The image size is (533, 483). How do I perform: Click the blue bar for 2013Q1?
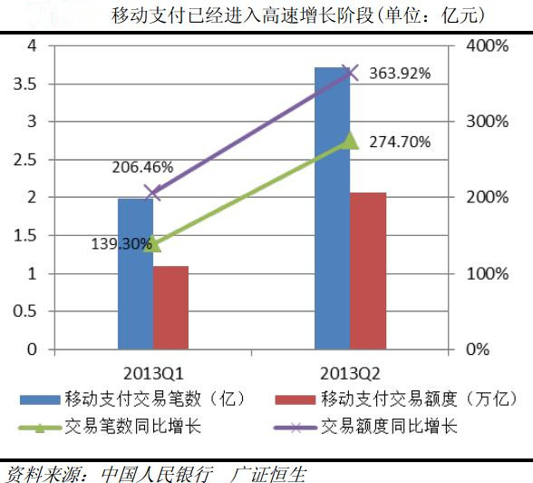pyautogui.click(x=135, y=272)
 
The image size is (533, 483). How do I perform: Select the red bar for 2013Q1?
pyautogui.click(x=170, y=307)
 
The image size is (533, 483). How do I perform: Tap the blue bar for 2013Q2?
pyautogui.click(x=332, y=209)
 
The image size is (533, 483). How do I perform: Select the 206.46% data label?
pyautogui.click(x=143, y=168)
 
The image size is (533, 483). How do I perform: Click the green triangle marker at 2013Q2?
pyautogui.click(x=351, y=140)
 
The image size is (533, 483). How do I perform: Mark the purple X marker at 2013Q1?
pyautogui.click(x=152, y=192)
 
